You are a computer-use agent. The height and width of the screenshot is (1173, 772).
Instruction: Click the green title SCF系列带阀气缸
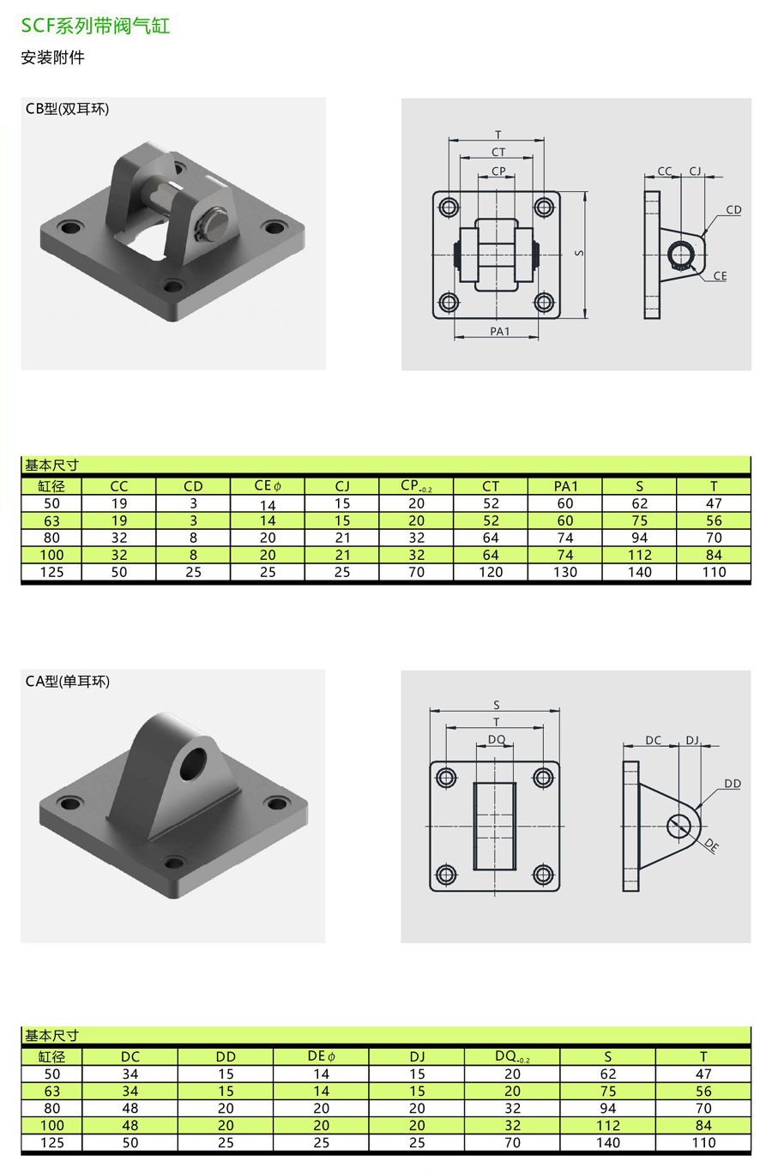pos(95,25)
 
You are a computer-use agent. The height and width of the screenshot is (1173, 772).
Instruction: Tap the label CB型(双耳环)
pos(67,108)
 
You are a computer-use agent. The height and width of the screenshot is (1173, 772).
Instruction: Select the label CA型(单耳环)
pos(68,681)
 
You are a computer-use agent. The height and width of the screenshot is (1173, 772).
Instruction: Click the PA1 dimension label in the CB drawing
pos(499,331)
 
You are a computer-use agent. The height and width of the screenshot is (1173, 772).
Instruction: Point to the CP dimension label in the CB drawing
pos(498,171)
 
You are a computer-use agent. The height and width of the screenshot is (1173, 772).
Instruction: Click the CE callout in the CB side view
pos(721,275)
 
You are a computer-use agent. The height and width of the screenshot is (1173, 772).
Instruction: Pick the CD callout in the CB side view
pos(733,209)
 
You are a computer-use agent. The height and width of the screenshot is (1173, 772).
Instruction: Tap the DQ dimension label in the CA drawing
pos(497,739)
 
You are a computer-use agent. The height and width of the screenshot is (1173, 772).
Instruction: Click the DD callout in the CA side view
pos(733,784)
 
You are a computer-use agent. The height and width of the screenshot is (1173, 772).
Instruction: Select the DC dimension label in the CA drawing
pos(653,740)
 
